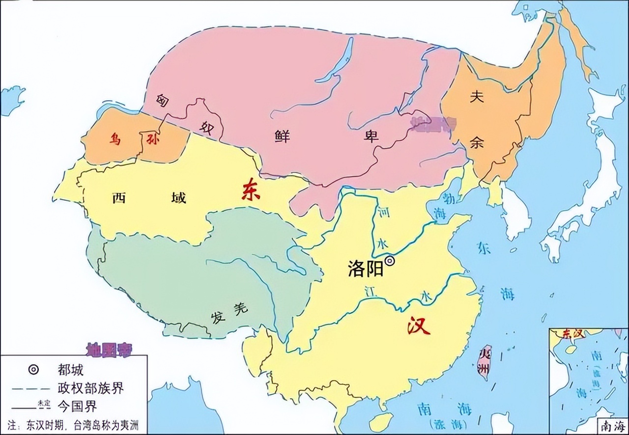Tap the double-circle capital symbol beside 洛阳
[x=390, y=261]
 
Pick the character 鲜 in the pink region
[x=282, y=136]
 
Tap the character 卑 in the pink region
[x=371, y=136]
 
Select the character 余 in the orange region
[x=476, y=143]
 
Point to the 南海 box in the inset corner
[x=611, y=425]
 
